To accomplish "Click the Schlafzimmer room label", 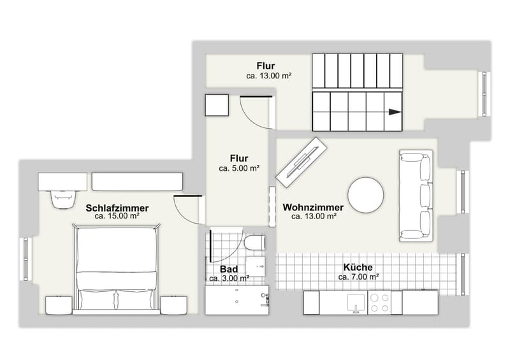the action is (x=117, y=208).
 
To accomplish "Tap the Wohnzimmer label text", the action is (x=313, y=207).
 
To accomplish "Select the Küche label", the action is (x=358, y=268).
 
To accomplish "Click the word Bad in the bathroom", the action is (x=229, y=269).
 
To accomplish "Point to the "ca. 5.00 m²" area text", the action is (x=239, y=168).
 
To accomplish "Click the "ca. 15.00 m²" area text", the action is (x=117, y=216).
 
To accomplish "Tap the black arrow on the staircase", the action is (x=395, y=112).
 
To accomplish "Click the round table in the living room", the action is (x=365, y=195).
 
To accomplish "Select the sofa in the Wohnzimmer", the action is (x=416, y=196).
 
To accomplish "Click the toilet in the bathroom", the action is (x=254, y=243).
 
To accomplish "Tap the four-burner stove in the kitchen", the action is (x=379, y=303).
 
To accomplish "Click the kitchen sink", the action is (x=357, y=303).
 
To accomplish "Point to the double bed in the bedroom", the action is (x=117, y=270).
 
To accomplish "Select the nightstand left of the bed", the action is (x=59, y=305).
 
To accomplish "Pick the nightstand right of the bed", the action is (x=174, y=305).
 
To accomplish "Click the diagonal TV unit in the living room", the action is (x=301, y=162).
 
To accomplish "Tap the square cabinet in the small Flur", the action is (x=217, y=105).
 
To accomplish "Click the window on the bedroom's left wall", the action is (x=25, y=259).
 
